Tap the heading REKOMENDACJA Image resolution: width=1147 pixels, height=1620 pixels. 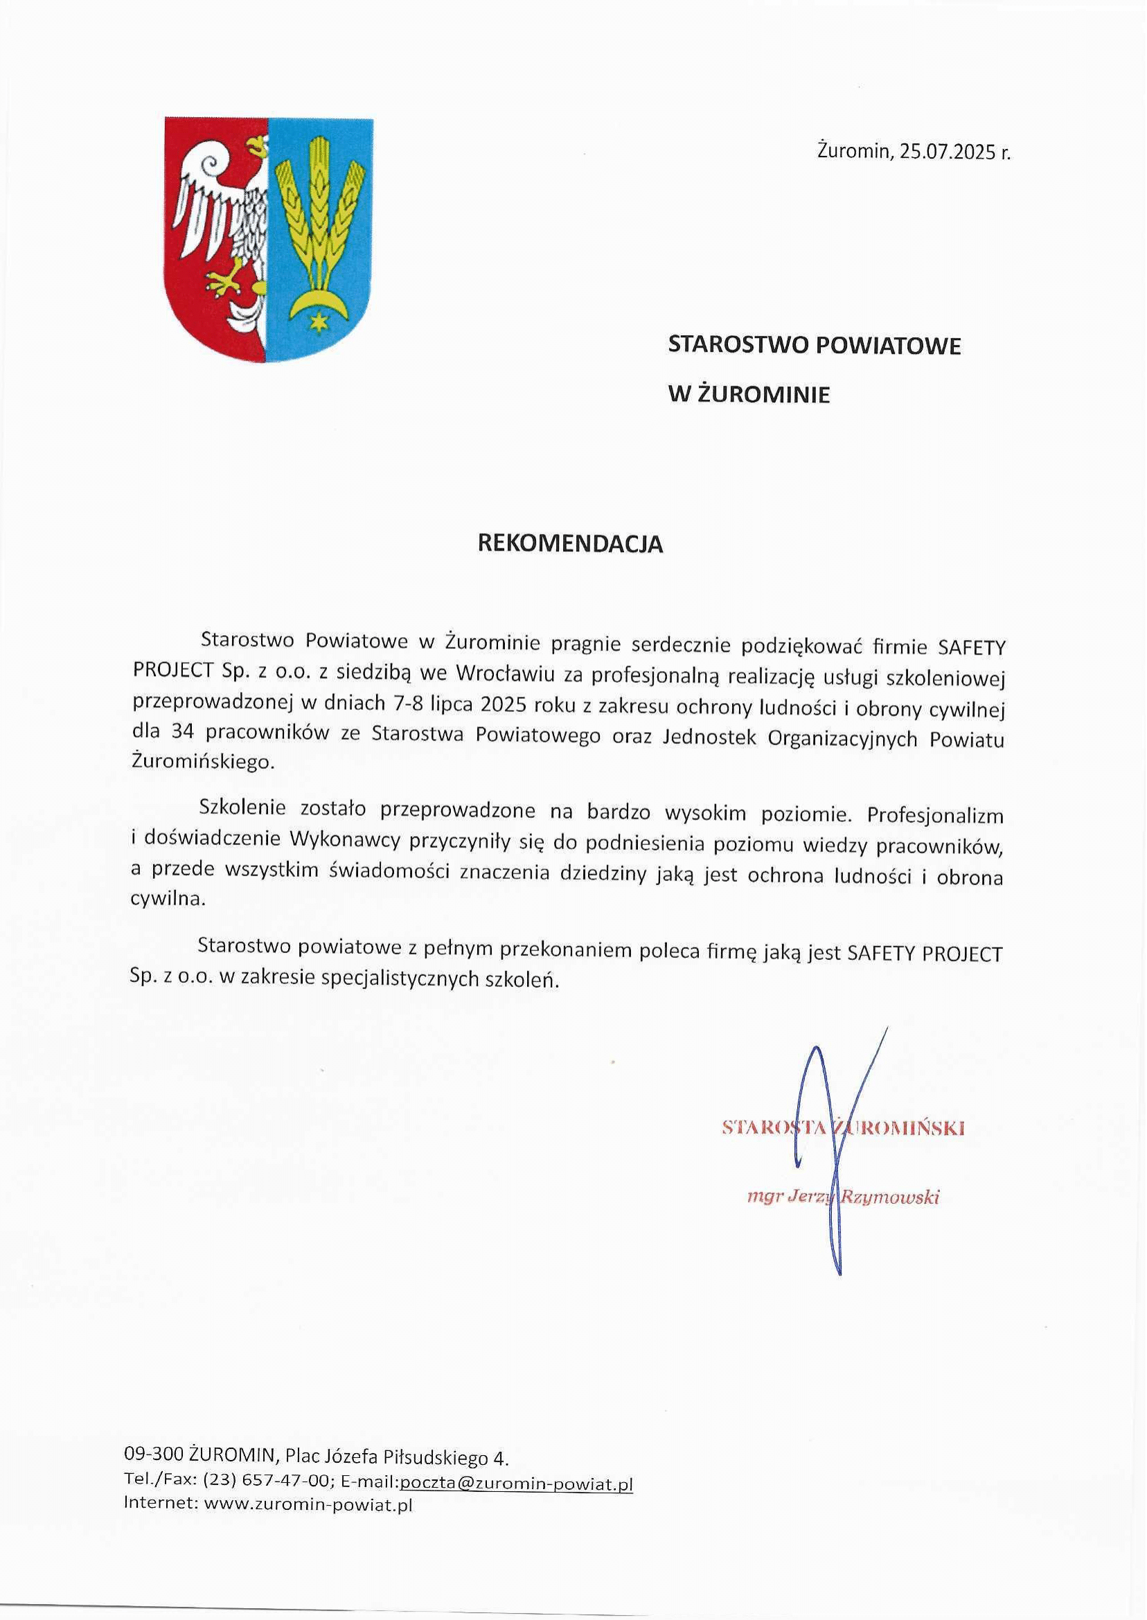(x=571, y=543)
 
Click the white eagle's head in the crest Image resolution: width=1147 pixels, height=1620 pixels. (x=255, y=148)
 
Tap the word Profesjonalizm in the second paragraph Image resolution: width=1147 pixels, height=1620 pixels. (x=935, y=817)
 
